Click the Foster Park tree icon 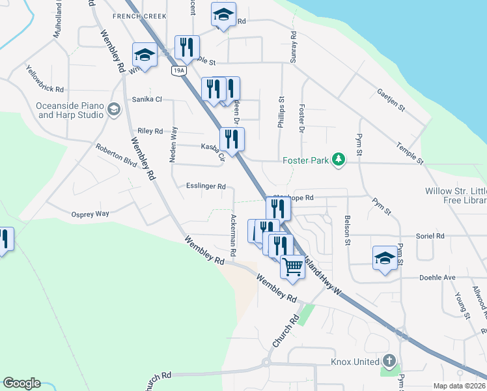click(x=338, y=159)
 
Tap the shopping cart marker click(x=293, y=266)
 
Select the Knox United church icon click(x=389, y=360)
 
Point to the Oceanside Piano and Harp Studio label click(x=70, y=110)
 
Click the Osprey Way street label click(x=90, y=213)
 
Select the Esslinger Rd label click(x=206, y=186)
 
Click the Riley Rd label click(x=150, y=131)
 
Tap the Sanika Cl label click(x=146, y=99)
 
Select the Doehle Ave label click(x=440, y=277)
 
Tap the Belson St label click(x=348, y=230)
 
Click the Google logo click(x=21, y=383)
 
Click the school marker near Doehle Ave click(x=385, y=258)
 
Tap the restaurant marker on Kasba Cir click(x=232, y=139)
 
